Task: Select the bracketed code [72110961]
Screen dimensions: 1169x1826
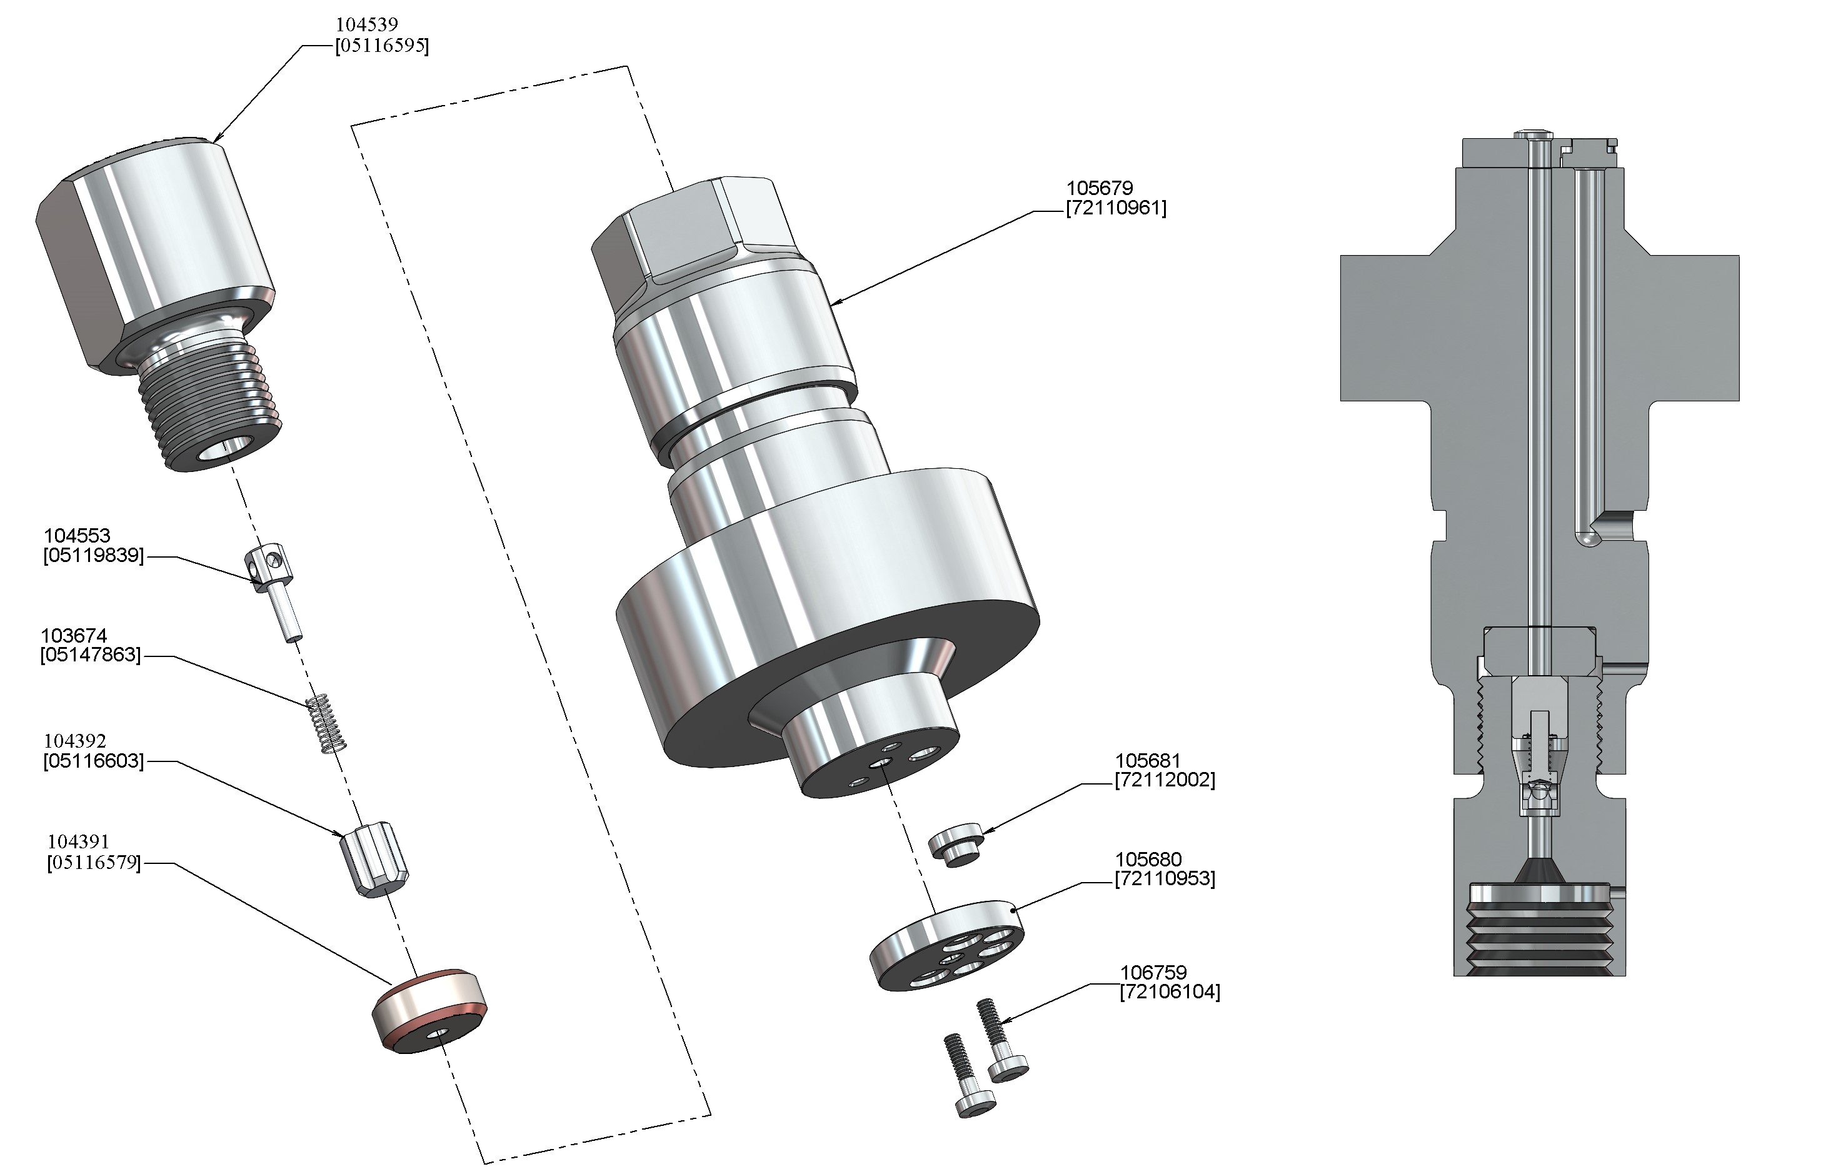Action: coord(1116,208)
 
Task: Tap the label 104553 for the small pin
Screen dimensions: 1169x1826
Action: coord(77,536)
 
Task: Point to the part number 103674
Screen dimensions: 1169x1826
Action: coord(74,635)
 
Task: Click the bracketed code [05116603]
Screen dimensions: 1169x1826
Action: coord(93,761)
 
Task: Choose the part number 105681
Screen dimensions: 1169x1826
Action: coord(1148,761)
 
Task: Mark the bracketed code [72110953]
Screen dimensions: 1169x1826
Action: coord(1164,879)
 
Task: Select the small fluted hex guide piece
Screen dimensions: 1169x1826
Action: coord(375,861)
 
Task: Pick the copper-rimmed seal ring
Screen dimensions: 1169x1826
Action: coord(429,1010)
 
